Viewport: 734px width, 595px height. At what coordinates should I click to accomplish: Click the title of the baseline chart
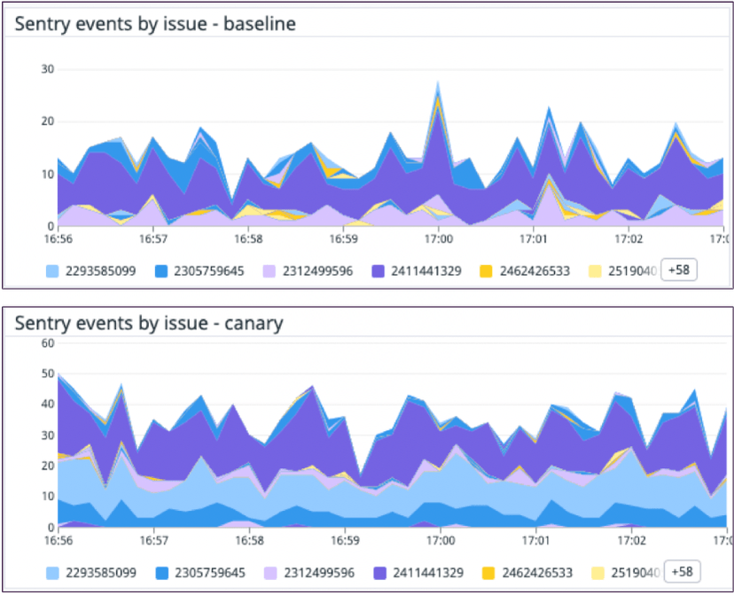155,24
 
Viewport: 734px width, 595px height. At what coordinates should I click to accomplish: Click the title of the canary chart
149,323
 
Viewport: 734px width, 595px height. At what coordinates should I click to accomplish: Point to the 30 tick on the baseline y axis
48,69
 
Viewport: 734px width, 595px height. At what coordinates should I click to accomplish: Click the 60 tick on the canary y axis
48,343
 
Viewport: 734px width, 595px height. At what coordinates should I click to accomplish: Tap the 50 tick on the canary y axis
48,374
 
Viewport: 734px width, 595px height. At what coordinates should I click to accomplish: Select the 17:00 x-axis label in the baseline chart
439,239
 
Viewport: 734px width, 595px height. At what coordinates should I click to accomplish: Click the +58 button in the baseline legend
680,270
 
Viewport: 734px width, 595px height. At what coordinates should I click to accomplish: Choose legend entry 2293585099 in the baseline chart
99,271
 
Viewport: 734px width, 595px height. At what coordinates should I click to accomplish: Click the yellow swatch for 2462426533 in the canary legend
488,573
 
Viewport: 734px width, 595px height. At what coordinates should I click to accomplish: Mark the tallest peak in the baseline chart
438,82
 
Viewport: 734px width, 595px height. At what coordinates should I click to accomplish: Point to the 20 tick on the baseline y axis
48,121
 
